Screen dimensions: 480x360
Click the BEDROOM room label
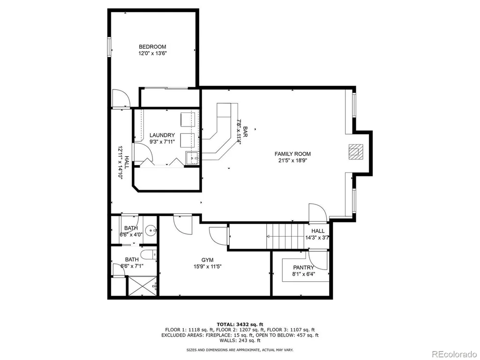tap(152, 47)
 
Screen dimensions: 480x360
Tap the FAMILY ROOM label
tap(292, 154)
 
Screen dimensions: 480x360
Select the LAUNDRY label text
tap(162, 135)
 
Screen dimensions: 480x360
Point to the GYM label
tap(207, 260)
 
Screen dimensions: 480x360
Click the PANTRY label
tap(303, 268)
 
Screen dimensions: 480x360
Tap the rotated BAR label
tap(245, 132)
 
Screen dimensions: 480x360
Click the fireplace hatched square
tap(355, 151)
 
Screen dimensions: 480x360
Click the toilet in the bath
tap(149, 255)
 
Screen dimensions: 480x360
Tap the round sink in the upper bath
tap(150, 231)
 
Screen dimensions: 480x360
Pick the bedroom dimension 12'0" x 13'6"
tap(152, 53)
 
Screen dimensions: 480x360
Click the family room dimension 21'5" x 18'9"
tap(292, 160)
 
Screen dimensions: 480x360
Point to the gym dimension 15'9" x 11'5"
tap(207, 267)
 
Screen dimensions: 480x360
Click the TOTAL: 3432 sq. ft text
tap(240, 324)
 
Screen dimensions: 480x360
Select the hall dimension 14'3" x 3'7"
tap(317, 237)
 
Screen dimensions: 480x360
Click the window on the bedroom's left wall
tap(109, 47)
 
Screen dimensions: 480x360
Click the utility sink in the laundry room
tap(193, 158)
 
